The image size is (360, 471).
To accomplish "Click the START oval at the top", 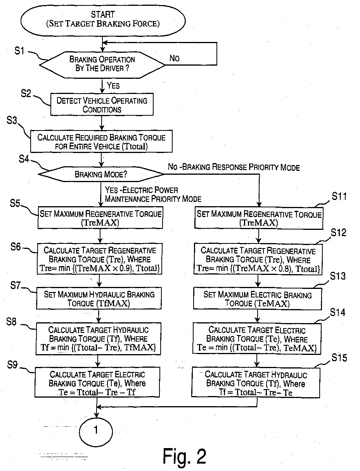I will pos(102,19).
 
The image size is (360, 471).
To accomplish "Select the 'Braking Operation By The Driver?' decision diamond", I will pos(102,63).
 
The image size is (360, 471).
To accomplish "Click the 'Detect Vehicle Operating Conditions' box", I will pos(102,105).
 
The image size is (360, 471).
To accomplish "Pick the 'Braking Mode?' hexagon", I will pos(102,174).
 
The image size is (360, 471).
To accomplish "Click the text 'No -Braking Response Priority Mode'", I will pos(234,167).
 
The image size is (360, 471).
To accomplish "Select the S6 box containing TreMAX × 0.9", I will pos(100,259).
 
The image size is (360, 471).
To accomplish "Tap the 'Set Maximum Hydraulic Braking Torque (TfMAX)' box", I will pos(99,299).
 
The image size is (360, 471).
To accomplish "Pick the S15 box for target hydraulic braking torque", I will pos(256,382).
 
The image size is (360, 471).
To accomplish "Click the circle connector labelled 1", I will pos(96,430).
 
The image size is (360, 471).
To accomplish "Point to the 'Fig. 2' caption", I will pos(184,456).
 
